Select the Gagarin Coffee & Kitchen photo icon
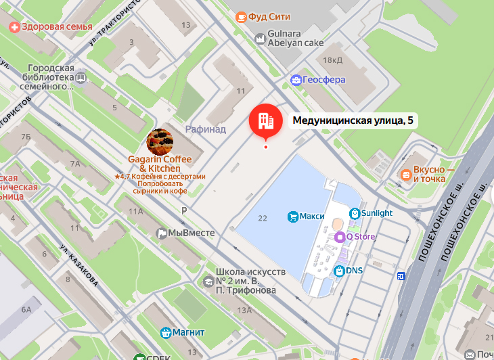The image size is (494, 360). click(160, 141)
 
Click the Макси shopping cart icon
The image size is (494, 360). click(292, 217)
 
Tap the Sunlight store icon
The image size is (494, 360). click(354, 212)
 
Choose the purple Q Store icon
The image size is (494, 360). click(340, 237)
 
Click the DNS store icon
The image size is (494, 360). click(339, 271)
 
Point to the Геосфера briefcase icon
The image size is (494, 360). click(296, 80)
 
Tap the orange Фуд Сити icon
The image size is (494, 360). click(241, 16)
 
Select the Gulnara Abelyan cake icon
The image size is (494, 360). click(259, 40)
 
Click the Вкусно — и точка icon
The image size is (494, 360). click(405, 174)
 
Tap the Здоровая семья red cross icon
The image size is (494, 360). click(14, 27)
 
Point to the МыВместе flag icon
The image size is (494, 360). click(161, 233)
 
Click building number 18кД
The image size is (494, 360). click(332, 61)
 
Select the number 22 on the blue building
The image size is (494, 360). click(263, 217)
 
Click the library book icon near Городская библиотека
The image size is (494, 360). click(81, 78)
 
